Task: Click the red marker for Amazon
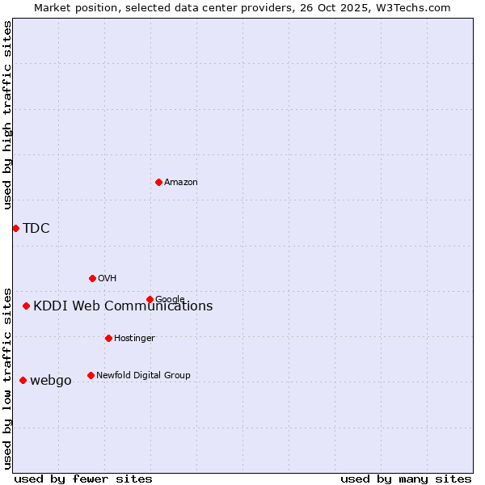tap(158, 182)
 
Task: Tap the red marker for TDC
tap(15, 228)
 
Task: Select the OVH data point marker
tap(92, 278)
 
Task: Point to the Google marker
tap(150, 299)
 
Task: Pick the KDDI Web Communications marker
tap(27, 306)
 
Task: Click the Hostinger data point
tap(108, 338)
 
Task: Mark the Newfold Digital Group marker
tap(91, 375)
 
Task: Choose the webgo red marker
tap(23, 380)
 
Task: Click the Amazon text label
tap(181, 183)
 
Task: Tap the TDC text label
tap(36, 228)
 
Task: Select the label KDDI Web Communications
tap(123, 306)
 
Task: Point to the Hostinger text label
tap(134, 338)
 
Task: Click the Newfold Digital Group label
tap(143, 375)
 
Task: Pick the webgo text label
tap(51, 381)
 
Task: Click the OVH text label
tap(108, 279)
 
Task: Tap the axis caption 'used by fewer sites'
tap(83, 479)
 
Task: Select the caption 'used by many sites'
tap(406, 479)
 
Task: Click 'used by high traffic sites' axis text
tap(8, 115)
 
